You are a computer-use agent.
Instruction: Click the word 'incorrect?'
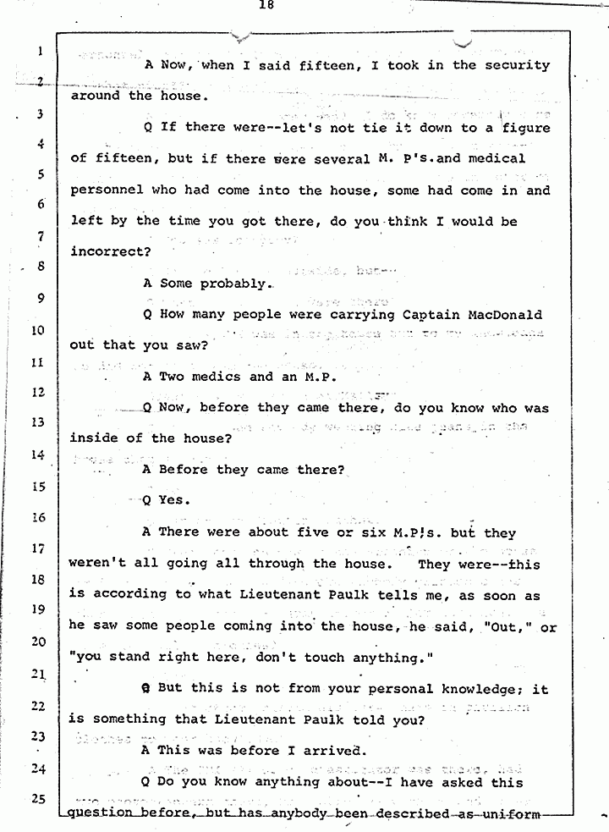(111, 252)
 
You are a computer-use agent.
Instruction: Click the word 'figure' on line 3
(522, 128)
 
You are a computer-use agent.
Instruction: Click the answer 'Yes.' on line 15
(174, 500)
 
